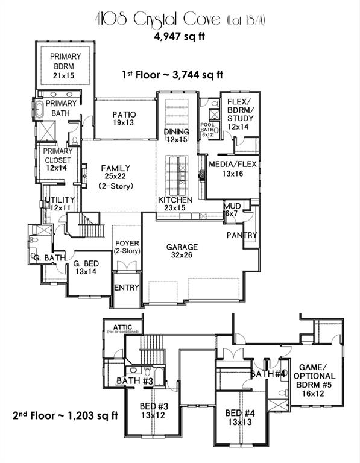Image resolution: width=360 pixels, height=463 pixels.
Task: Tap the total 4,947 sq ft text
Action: (180, 36)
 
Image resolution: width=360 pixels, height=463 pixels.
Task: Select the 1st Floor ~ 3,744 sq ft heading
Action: (172, 75)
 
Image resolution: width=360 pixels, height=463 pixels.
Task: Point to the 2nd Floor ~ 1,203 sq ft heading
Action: (65, 415)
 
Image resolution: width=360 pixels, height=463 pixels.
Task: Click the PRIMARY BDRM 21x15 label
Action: (65, 65)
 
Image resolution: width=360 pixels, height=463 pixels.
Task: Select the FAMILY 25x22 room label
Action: (116, 177)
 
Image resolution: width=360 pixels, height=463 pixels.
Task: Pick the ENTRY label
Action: (127, 288)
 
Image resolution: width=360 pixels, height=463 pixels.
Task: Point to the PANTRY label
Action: (242, 235)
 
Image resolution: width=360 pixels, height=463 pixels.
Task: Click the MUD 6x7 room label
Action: (232, 209)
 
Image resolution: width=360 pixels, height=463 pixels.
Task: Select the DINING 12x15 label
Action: (177, 136)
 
